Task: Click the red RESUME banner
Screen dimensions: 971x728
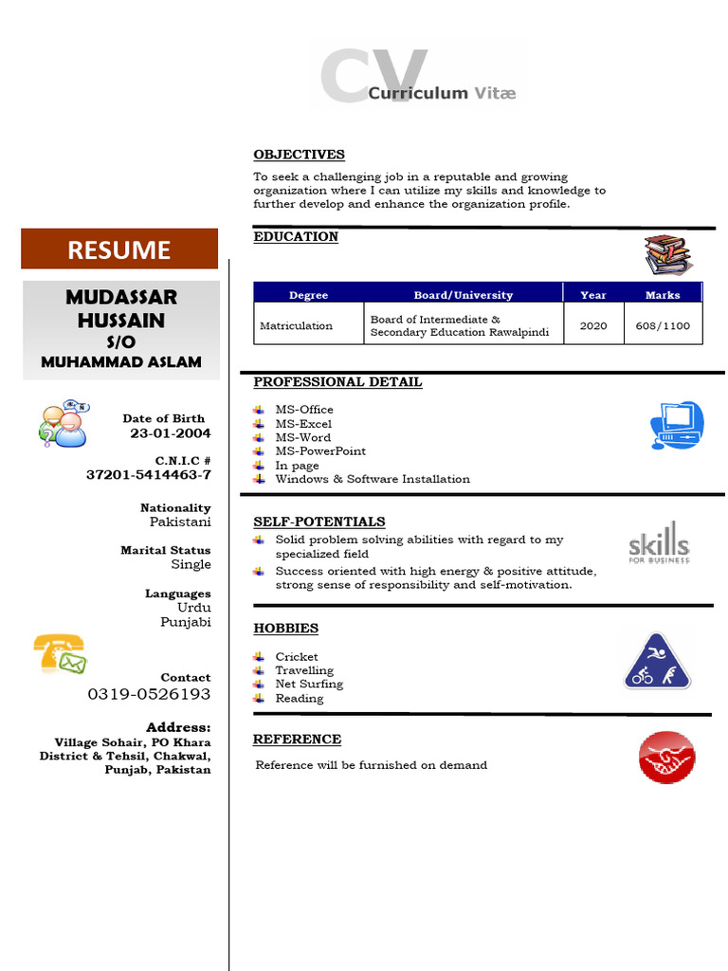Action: point(119,249)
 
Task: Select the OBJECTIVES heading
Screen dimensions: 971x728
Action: point(299,155)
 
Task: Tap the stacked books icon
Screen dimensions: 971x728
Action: point(668,255)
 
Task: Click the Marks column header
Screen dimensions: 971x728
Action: point(663,295)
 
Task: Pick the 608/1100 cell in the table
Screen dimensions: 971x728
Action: point(663,325)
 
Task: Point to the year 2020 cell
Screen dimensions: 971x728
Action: point(593,325)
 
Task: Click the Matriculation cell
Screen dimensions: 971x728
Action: point(296,325)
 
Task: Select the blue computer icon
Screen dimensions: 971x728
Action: point(678,425)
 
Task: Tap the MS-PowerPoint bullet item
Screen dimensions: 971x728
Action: point(320,451)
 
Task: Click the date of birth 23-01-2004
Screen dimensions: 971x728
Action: point(171,433)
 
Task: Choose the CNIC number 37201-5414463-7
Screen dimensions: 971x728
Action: point(149,474)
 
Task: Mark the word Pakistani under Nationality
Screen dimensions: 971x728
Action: point(180,522)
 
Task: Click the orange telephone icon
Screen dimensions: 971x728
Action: point(59,653)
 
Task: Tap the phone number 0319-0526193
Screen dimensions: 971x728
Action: point(149,694)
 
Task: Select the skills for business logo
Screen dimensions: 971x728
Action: point(659,542)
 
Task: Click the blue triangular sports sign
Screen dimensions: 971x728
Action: point(657,661)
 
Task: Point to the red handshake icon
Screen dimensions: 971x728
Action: point(666,758)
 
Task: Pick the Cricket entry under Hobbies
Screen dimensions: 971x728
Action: point(297,656)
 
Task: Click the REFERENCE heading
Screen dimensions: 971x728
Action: point(297,740)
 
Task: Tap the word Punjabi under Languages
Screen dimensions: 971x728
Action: point(186,622)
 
